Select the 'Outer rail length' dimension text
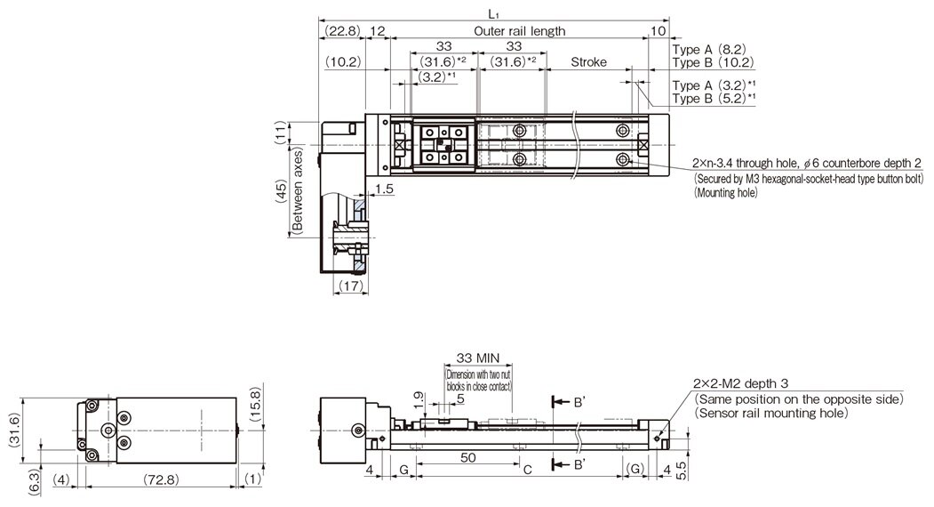[519, 30]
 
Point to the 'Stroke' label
[588, 62]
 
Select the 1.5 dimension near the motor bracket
[384, 188]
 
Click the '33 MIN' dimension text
[477, 358]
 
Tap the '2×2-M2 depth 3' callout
[740, 383]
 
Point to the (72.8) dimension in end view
[160, 479]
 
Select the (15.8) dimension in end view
[257, 406]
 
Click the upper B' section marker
[577, 402]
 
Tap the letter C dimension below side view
[526, 469]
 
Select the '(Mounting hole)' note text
[725, 191]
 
